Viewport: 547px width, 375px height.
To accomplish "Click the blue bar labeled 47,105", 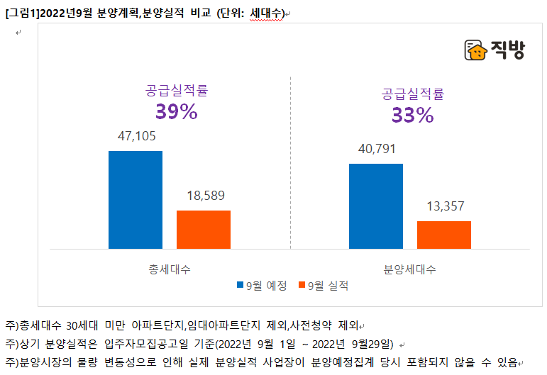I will click(x=135, y=199).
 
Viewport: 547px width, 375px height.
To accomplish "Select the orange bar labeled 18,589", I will click(x=203, y=229).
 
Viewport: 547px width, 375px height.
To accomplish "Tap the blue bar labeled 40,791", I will click(x=375, y=206).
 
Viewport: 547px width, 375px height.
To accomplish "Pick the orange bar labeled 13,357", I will click(x=443, y=235).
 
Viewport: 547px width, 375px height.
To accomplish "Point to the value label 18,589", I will click(x=203, y=196).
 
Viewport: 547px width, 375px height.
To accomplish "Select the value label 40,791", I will click(x=376, y=149).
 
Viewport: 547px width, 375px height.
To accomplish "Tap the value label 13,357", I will click(x=444, y=206).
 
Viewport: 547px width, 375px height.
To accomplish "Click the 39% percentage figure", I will click(x=176, y=112).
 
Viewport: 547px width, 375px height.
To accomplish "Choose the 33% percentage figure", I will click(x=412, y=115).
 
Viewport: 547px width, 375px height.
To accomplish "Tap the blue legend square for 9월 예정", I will click(x=240, y=286).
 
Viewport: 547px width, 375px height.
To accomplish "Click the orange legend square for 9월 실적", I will click(x=302, y=286).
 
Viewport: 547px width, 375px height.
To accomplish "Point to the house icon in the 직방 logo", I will click(x=475, y=50).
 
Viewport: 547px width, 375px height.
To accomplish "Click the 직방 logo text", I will click(x=507, y=50).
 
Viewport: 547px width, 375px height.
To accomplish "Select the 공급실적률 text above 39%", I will click(x=177, y=91).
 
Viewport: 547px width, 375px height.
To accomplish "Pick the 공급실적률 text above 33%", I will click(x=412, y=94).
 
